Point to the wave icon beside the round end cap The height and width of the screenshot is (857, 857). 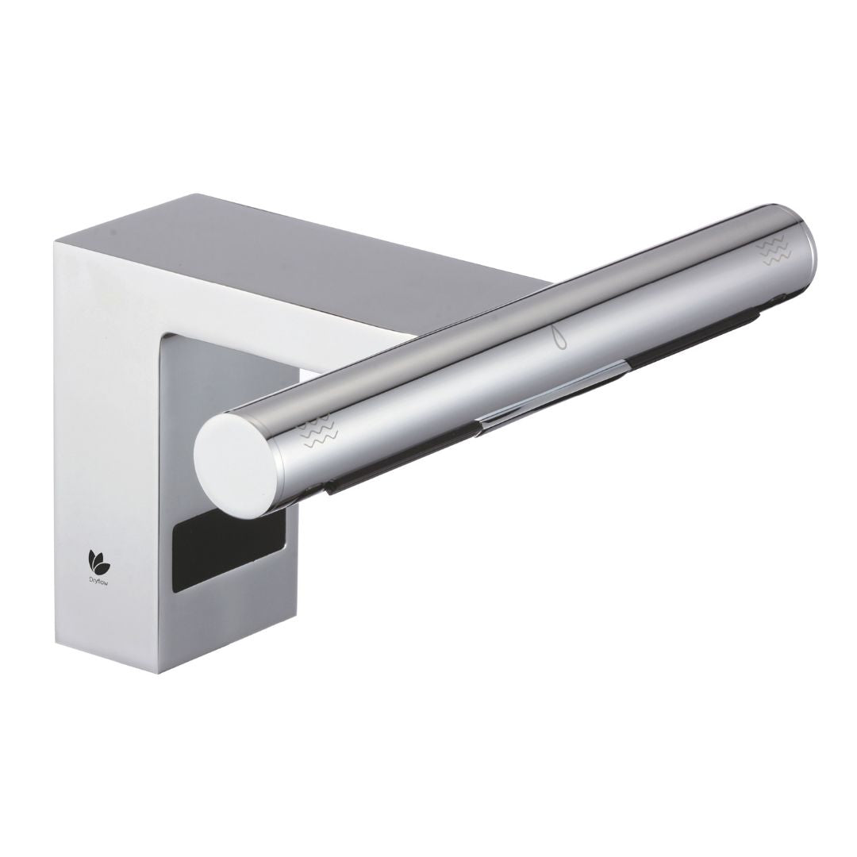321,432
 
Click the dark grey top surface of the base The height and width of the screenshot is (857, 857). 317,262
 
